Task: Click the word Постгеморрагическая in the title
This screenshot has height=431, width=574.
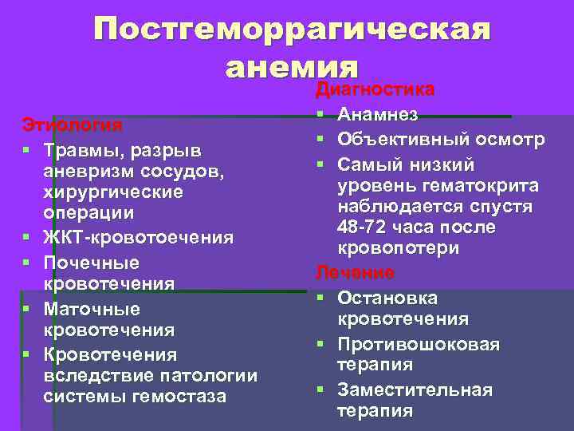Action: click(293, 30)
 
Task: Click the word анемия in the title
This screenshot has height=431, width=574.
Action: click(293, 66)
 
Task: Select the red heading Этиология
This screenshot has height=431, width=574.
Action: click(72, 125)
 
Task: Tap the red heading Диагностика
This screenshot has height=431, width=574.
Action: click(375, 88)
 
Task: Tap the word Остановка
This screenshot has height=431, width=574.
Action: click(387, 298)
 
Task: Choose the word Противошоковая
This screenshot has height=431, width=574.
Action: click(419, 344)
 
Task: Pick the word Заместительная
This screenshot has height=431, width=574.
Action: click(415, 390)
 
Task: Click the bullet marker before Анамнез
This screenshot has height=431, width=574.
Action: click(320, 116)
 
